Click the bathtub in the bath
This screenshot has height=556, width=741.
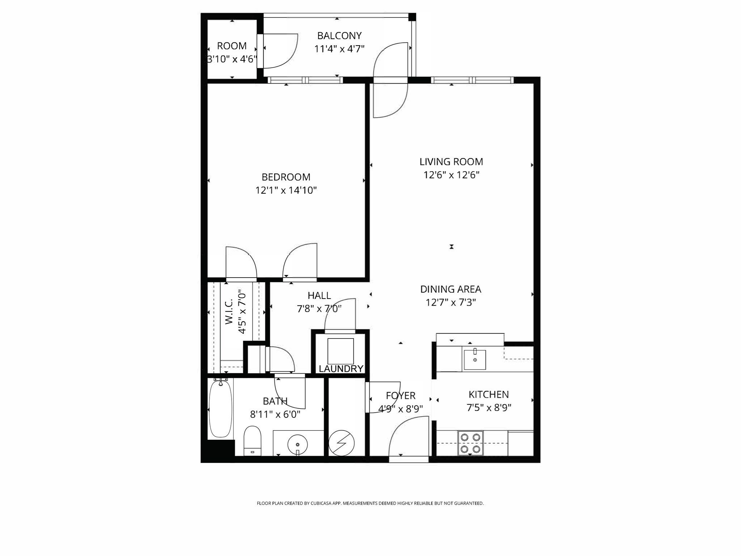pyautogui.click(x=220, y=409)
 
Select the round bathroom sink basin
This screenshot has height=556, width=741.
pyautogui.click(x=297, y=444)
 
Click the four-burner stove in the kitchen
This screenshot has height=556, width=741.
pyautogui.click(x=470, y=443)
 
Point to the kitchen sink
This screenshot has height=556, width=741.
pyautogui.click(x=475, y=359)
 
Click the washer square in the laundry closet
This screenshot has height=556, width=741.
pyautogui.click(x=340, y=351)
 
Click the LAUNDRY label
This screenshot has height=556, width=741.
pyautogui.click(x=341, y=369)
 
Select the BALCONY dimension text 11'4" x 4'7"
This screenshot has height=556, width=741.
pyautogui.click(x=339, y=49)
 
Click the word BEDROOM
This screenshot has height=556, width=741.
pyautogui.click(x=286, y=177)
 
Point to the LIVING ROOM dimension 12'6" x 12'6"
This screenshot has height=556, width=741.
pyautogui.click(x=451, y=175)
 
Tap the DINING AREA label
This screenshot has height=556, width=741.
pyautogui.click(x=450, y=289)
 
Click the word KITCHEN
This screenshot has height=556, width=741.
pyautogui.click(x=488, y=394)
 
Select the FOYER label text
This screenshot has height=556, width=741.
pyautogui.click(x=401, y=396)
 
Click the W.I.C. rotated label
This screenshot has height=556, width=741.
pyautogui.click(x=229, y=313)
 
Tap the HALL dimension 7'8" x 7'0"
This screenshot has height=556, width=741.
pyautogui.click(x=319, y=309)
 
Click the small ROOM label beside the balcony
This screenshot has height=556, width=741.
pyautogui.click(x=232, y=46)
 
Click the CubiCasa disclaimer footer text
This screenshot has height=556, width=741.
pyautogui.click(x=370, y=503)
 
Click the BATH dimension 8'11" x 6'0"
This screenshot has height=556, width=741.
pyautogui.click(x=275, y=414)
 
